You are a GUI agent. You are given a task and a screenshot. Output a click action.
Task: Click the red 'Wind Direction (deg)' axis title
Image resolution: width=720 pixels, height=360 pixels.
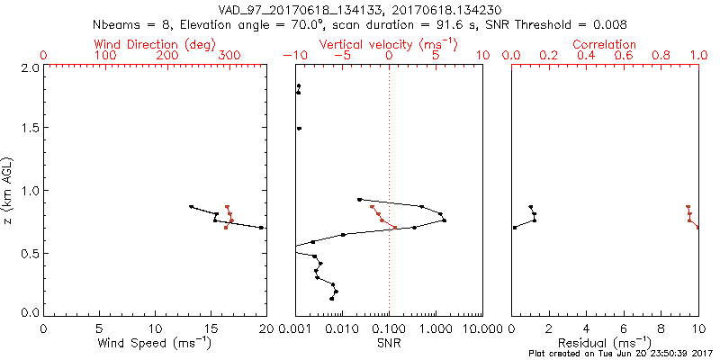click(154, 43)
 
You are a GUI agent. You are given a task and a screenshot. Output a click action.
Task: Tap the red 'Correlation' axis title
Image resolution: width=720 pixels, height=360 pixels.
click(604, 43)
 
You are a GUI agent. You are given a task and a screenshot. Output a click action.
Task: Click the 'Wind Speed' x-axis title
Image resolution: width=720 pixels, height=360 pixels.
click(155, 343)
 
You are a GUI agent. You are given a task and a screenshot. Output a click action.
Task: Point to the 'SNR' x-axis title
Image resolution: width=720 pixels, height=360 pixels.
click(389, 343)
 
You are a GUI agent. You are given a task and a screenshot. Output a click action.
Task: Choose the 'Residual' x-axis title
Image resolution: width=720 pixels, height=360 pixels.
click(604, 343)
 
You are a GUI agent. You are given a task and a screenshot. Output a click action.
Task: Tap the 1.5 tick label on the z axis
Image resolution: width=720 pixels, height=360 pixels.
click(30, 129)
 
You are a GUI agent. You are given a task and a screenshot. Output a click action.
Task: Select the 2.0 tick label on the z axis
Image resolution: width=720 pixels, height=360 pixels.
click(30, 67)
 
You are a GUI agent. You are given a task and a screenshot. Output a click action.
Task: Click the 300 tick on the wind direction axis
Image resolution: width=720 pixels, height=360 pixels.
click(229, 56)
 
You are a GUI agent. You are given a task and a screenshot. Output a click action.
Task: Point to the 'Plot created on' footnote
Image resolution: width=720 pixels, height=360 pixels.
click(622, 354)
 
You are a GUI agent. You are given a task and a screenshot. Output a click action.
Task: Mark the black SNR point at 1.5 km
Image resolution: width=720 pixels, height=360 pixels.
click(299, 129)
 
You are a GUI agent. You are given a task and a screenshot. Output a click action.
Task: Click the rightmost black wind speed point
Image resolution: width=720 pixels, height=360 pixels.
click(262, 228)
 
